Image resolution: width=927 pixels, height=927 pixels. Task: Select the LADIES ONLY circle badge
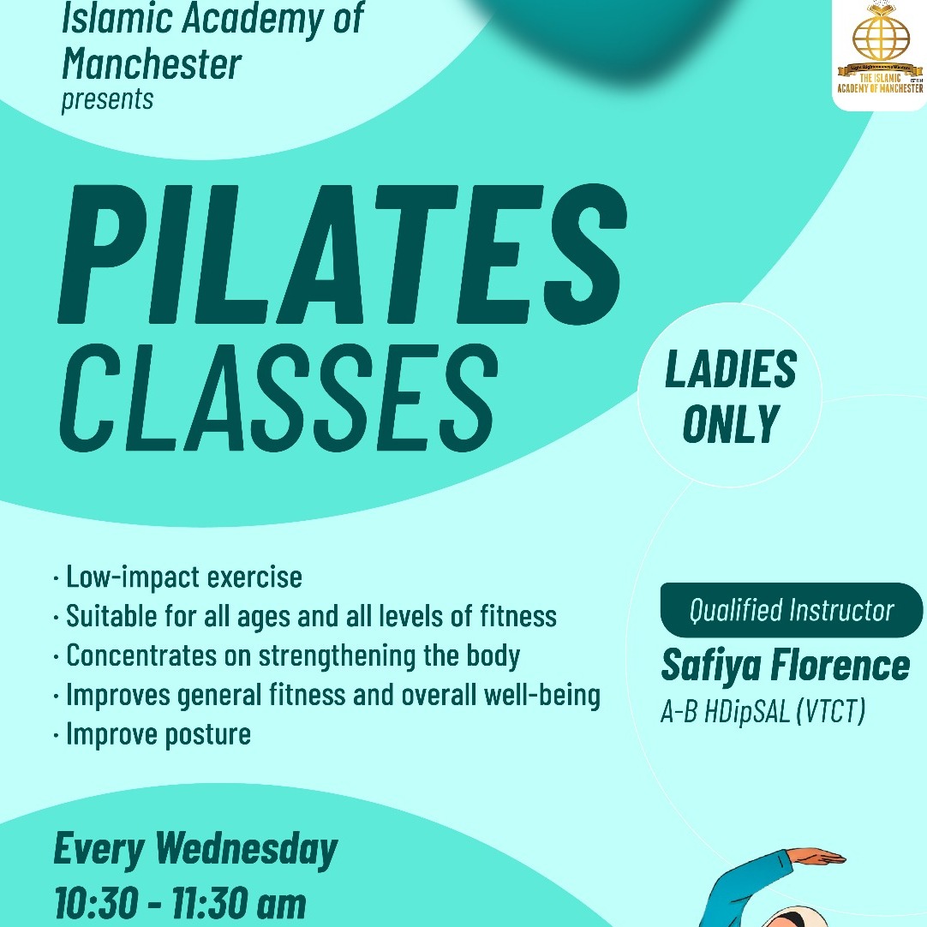(730, 396)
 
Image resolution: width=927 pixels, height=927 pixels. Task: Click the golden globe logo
(880, 45)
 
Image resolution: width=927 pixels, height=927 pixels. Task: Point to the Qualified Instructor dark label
(791, 611)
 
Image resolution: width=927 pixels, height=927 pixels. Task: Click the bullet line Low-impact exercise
(183, 577)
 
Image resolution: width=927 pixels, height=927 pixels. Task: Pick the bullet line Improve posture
(158, 733)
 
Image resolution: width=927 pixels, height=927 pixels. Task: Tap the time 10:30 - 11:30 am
(179, 904)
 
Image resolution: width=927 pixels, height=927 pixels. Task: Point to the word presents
(107, 99)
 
